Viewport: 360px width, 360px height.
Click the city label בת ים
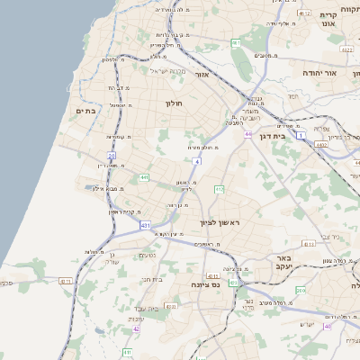click(85, 111)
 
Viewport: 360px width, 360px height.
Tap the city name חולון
click(174, 103)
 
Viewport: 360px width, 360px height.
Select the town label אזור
click(202, 75)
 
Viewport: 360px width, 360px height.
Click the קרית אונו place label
click(328, 21)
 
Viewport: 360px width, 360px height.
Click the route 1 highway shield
click(301, 134)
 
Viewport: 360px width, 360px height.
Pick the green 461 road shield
click(236, 42)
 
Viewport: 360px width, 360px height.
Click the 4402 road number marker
click(321, 143)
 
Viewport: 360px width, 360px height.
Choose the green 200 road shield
click(301, 291)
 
